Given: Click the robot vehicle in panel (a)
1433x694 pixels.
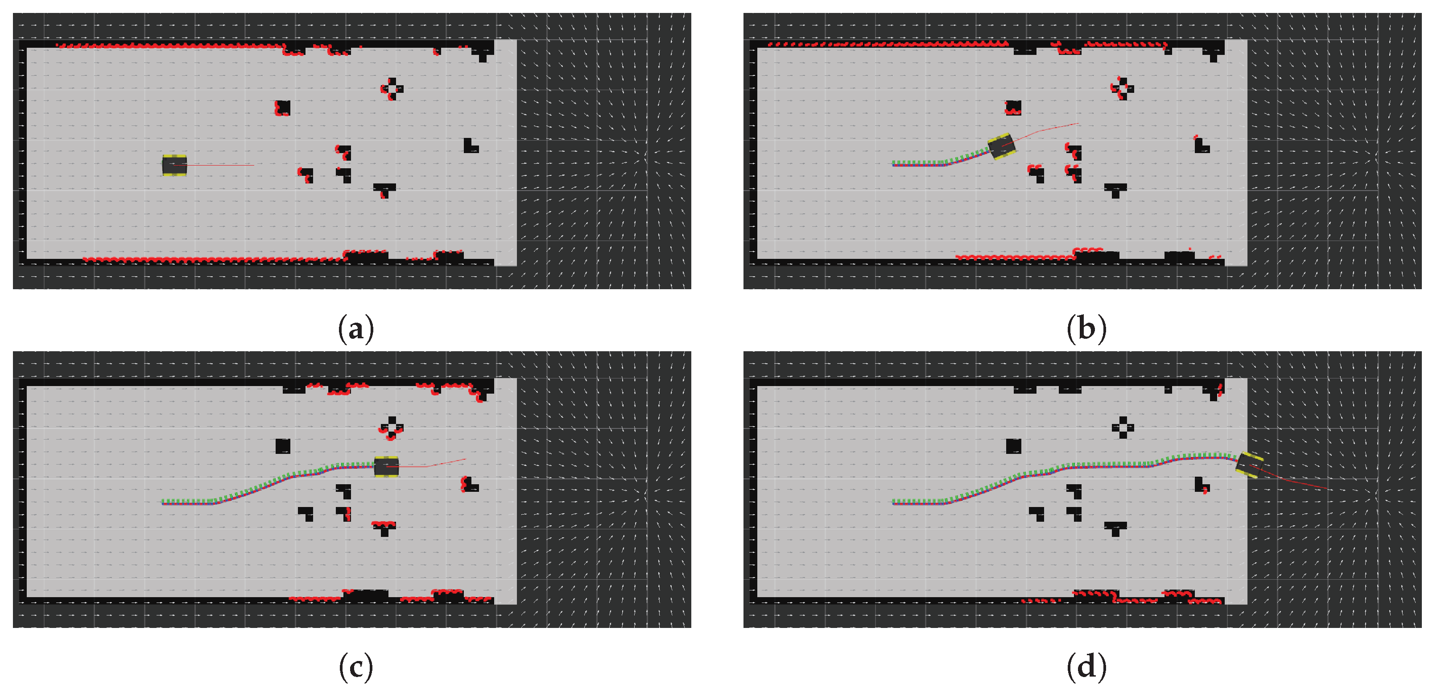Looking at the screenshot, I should click(x=174, y=165).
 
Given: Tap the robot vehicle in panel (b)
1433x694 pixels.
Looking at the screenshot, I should click(x=1001, y=146).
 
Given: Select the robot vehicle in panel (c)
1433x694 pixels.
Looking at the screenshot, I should click(x=386, y=467).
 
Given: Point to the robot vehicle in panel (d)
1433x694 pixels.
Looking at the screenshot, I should click(x=1249, y=465).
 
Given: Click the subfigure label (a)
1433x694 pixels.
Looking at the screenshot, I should click(x=356, y=329).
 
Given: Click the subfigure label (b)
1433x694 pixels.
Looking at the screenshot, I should click(x=1086, y=329).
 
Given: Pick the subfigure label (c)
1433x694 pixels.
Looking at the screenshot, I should click(x=356, y=667).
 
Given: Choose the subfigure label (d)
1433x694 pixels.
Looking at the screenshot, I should click(x=1086, y=667).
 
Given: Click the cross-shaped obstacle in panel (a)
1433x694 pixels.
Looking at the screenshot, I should click(x=392, y=88).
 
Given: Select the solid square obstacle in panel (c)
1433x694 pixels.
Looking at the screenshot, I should click(x=283, y=446).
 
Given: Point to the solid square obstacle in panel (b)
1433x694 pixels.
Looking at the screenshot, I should click(x=1013, y=108).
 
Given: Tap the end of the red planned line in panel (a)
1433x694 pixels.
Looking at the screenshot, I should click(x=254, y=165).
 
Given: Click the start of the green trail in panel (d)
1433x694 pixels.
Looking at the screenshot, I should click(x=894, y=502).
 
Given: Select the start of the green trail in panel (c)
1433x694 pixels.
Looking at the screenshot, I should click(x=163, y=502).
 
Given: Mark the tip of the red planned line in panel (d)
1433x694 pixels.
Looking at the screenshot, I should click(x=1327, y=489).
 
